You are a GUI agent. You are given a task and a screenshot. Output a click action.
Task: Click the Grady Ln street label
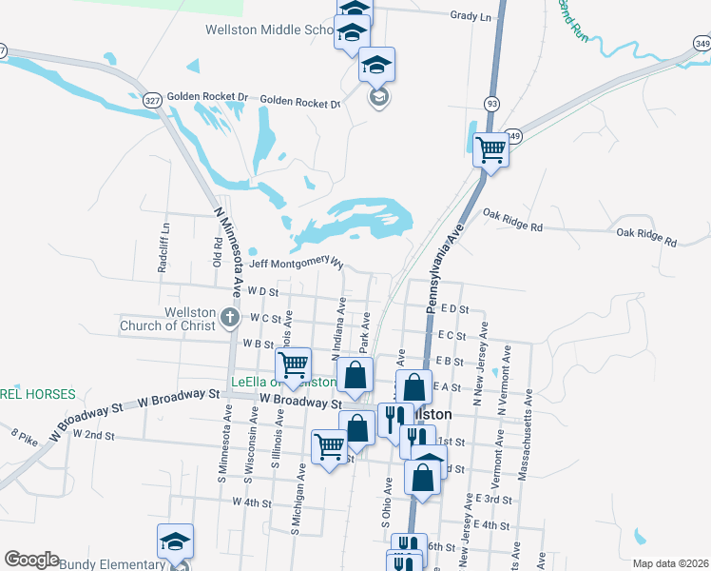pyautogui.click(x=471, y=16)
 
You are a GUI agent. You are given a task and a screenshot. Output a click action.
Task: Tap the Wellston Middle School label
pyautogui.click(x=269, y=30)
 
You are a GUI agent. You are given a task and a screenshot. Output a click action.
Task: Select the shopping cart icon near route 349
pyautogui.click(x=491, y=148)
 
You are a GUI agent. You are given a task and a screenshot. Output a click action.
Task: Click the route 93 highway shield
pyautogui.click(x=491, y=102)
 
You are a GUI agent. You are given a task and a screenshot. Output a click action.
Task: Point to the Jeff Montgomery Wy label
pyautogui.click(x=296, y=263)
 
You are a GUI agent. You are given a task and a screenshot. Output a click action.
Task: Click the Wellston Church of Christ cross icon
pyautogui.click(x=230, y=318)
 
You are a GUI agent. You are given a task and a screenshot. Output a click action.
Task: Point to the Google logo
pyautogui.click(x=31, y=560)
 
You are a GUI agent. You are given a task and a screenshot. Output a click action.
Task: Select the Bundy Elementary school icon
pyautogui.click(x=175, y=542)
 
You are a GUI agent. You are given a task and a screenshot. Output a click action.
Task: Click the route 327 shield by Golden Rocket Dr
pyautogui.click(x=151, y=99)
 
